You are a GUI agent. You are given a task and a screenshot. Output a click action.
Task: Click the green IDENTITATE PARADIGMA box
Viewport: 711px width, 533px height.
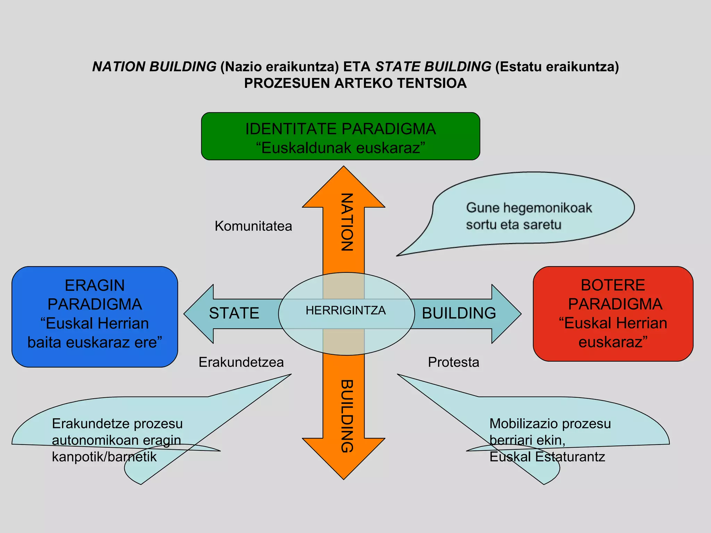(340, 136)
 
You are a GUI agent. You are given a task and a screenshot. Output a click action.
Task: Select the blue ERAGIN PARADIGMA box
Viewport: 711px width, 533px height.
(94, 316)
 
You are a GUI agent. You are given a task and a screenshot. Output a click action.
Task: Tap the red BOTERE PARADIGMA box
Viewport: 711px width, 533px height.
(613, 314)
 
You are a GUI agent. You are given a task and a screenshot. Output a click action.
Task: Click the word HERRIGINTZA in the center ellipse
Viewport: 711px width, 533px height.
(345, 310)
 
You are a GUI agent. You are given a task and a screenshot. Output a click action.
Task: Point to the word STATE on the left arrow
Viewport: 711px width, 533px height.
(234, 313)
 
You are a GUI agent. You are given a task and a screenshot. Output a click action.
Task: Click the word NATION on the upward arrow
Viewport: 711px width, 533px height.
(346, 222)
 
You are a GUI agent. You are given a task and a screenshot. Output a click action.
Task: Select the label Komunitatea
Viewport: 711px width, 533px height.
(253, 226)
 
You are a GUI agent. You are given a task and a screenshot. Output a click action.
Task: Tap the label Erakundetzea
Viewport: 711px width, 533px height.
(241, 362)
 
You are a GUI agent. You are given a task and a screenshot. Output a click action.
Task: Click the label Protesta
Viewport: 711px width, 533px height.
(453, 362)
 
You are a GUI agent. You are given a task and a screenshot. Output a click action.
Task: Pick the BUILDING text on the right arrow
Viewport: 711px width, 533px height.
(459, 313)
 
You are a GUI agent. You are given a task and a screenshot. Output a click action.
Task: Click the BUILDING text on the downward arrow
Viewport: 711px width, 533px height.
(346, 416)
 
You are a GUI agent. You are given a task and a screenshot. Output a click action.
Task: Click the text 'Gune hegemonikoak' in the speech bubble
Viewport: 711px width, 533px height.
(529, 208)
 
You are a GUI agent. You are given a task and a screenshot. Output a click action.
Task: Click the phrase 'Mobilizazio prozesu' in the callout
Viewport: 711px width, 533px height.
(550, 424)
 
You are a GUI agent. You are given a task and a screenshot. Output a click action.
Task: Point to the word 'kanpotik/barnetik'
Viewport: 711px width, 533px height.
(104, 457)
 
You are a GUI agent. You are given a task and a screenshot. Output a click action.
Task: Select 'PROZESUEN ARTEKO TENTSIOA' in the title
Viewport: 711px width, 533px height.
(355, 83)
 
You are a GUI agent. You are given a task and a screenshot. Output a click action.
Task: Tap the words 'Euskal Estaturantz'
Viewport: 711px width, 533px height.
(547, 457)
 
